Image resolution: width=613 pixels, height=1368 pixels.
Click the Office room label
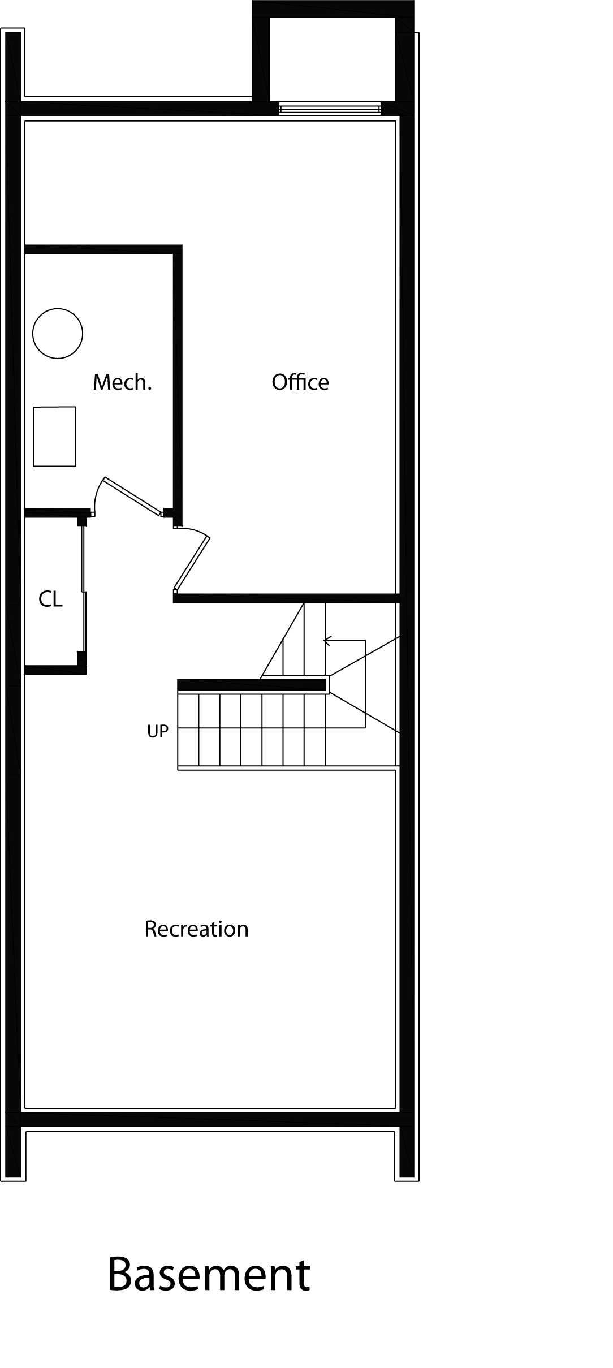click(x=300, y=382)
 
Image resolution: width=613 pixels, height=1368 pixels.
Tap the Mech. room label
click(x=122, y=382)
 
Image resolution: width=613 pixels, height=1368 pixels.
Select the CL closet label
click(x=50, y=599)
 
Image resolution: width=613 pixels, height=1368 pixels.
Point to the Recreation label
click(x=196, y=929)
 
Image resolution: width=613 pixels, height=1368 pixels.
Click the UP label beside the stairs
click(x=158, y=732)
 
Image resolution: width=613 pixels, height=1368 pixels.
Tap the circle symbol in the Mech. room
click(x=58, y=334)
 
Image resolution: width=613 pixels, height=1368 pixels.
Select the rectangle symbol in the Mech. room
click(x=54, y=437)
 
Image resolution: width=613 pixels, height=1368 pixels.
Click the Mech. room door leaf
click(x=132, y=497)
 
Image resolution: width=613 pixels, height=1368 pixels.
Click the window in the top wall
click(x=330, y=109)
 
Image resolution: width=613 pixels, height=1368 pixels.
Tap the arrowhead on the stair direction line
click(x=326, y=641)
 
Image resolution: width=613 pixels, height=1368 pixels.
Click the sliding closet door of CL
click(x=84, y=588)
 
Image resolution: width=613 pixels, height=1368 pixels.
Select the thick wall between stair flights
click(x=252, y=685)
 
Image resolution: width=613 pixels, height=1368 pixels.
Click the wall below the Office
click(x=286, y=598)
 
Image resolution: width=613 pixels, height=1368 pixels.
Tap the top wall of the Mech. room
click(x=103, y=249)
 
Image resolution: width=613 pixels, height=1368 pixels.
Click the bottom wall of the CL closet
click(x=55, y=670)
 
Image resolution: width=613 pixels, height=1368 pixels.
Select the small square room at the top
click(x=333, y=59)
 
